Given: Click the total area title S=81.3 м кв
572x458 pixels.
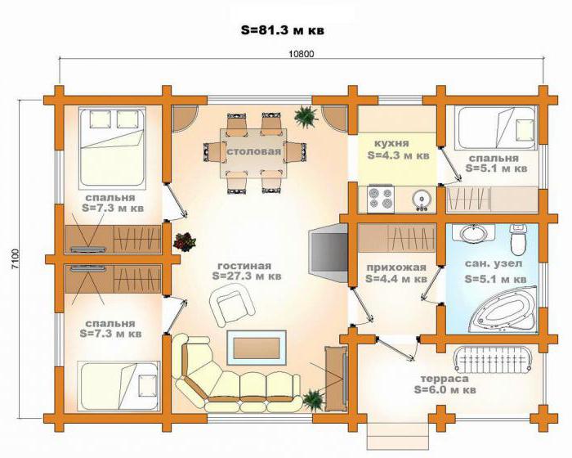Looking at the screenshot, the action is (x=283, y=30).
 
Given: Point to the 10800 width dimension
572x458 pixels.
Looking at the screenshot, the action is (x=302, y=54).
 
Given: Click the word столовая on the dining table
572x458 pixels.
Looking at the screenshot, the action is (x=254, y=151).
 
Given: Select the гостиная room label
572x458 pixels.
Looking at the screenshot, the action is (x=244, y=266).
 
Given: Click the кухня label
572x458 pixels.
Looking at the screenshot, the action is (x=391, y=143).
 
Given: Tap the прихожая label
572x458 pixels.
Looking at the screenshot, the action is (x=396, y=267).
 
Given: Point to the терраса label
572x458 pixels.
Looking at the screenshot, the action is (x=445, y=379).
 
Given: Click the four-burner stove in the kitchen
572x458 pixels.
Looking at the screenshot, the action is (x=381, y=198).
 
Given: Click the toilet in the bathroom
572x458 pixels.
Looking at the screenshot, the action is (x=518, y=240).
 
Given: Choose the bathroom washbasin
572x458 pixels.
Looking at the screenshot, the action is (x=473, y=233).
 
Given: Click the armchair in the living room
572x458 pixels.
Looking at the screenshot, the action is (x=230, y=304).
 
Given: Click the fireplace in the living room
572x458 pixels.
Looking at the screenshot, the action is (x=328, y=253).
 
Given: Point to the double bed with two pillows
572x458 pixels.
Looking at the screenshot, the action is (x=113, y=148).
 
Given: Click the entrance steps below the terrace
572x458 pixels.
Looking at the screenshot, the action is (x=398, y=438).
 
